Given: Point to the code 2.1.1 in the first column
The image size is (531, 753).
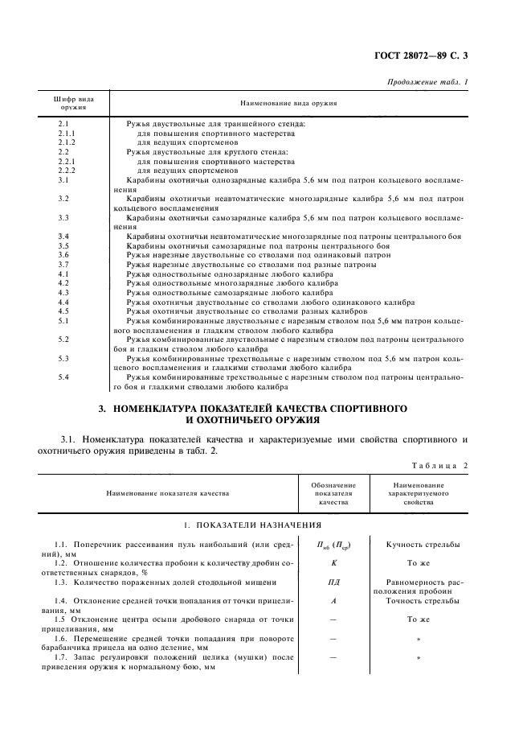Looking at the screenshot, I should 67,133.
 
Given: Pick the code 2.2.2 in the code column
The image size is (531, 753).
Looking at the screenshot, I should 67,171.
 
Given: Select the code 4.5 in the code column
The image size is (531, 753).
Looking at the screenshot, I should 63,311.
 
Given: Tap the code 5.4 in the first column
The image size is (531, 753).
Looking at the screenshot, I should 63,376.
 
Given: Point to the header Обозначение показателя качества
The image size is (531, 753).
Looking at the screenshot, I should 333,492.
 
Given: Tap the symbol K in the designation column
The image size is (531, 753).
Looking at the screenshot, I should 333,563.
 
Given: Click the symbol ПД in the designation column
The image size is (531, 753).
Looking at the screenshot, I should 333,582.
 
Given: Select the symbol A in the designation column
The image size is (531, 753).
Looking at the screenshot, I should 333,600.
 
